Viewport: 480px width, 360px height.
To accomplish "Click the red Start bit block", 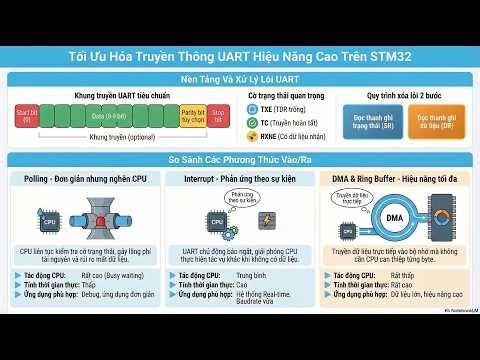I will click(x=27, y=116).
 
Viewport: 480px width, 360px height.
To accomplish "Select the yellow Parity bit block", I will click(x=191, y=116).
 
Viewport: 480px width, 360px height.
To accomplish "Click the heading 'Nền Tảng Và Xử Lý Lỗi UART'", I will click(x=240, y=78).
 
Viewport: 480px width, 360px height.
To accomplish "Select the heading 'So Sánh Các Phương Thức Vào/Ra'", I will click(x=240, y=159).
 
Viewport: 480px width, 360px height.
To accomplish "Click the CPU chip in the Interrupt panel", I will click(x=216, y=222).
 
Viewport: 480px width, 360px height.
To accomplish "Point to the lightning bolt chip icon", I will click(x=267, y=220).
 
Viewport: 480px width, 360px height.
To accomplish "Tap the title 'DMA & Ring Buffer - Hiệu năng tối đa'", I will click(x=397, y=178).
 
